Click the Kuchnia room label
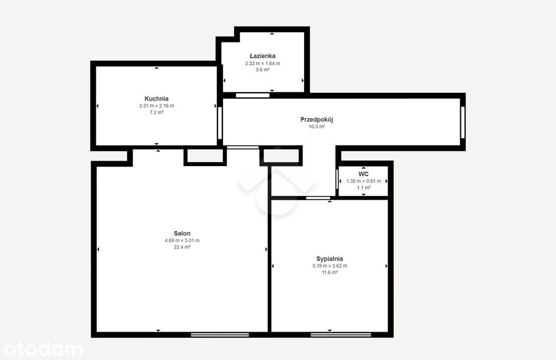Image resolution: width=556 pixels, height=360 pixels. pyautogui.click(x=156, y=99)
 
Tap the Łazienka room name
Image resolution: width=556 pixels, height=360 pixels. pyautogui.click(x=262, y=56)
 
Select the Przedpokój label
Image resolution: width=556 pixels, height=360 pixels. pyautogui.click(x=317, y=120)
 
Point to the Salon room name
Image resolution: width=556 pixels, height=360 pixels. pyautogui.click(x=182, y=233)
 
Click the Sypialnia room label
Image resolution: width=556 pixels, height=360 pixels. pyautogui.click(x=329, y=259)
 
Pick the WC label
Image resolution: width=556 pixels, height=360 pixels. pyautogui.click(x=364, y=174)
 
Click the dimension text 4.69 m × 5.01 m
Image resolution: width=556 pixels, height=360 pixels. pyautogui.click(x=182, y=240)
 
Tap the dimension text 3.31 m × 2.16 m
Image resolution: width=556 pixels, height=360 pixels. pyautogui.click(x=156, y=106)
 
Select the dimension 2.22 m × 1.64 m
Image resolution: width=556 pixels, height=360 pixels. pyautogui.click(x=262, y=63)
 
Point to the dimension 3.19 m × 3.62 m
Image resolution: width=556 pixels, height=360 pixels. pyautogui.click(x=329, y=266)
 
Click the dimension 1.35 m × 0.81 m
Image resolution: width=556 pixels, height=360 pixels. pyautogui.click(x=364, y=181)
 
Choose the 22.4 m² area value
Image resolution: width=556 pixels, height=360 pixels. pyautogui.click(x=182, y=247)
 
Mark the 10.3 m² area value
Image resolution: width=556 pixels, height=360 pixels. pyautogui.click(x=317, y=127)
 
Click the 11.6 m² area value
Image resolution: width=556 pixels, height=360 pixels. pyautogui.click(x=329, y=272)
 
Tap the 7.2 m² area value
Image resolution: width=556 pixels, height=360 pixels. pyautogui.click(x=156, y=112)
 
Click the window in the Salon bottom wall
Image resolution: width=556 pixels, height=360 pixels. pyautogui.click(x=220, y=335)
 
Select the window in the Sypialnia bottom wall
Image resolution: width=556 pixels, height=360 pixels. pyautogui.click(x=341, y=335)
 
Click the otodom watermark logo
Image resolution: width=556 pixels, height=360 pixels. pyautogui.click(x=43, y=349)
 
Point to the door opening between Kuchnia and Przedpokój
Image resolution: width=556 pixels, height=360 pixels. pyautogui.click(x=220, y=123)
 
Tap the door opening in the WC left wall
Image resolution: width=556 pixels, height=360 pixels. pyautogui.click(x=337, y=179)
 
